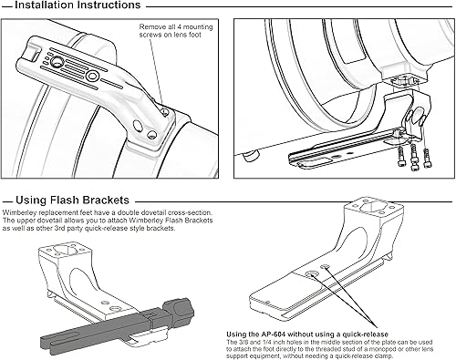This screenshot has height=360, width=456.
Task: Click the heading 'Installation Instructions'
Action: pos(78,5)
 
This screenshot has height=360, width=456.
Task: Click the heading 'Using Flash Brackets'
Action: pos(72,201)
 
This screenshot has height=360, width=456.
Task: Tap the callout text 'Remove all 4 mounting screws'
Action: pos(176,31)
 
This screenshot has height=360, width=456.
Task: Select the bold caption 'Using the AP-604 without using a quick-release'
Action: pos(307,334)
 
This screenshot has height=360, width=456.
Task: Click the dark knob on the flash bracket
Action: pos(179,309)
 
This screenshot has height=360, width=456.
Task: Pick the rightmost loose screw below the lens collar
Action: pos(428,158)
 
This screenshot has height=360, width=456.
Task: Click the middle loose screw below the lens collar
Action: pos(413,157)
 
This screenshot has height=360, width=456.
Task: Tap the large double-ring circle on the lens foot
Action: pos(92,76)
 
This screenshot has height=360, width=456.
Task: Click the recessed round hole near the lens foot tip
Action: pos(57,62)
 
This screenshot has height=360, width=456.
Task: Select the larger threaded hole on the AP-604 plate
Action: pos(312,275)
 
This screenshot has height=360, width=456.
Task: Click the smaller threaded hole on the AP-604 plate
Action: pos(326,266)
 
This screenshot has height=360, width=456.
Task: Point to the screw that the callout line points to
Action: pos(165,112)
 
